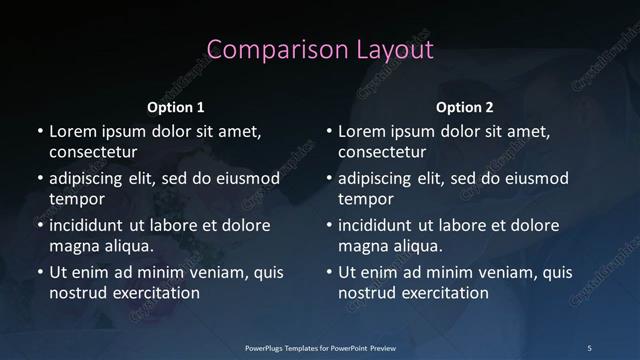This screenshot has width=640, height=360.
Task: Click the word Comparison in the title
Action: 266,50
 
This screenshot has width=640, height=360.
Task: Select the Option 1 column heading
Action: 176,107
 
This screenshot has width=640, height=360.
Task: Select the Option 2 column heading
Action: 465,107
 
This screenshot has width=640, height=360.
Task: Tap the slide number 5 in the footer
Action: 589,347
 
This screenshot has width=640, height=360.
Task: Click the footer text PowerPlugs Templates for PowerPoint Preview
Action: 320,347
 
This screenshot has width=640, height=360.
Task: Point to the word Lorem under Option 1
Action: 73,131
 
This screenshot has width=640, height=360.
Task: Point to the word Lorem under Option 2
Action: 362,131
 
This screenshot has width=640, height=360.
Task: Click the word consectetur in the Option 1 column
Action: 93,152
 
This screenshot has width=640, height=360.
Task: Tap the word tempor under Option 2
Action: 366,199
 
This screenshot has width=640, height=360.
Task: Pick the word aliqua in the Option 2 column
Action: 415,245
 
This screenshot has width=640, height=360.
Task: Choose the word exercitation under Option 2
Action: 444,293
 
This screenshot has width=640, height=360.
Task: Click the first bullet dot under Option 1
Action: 39,132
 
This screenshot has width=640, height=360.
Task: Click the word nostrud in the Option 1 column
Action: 79,293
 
